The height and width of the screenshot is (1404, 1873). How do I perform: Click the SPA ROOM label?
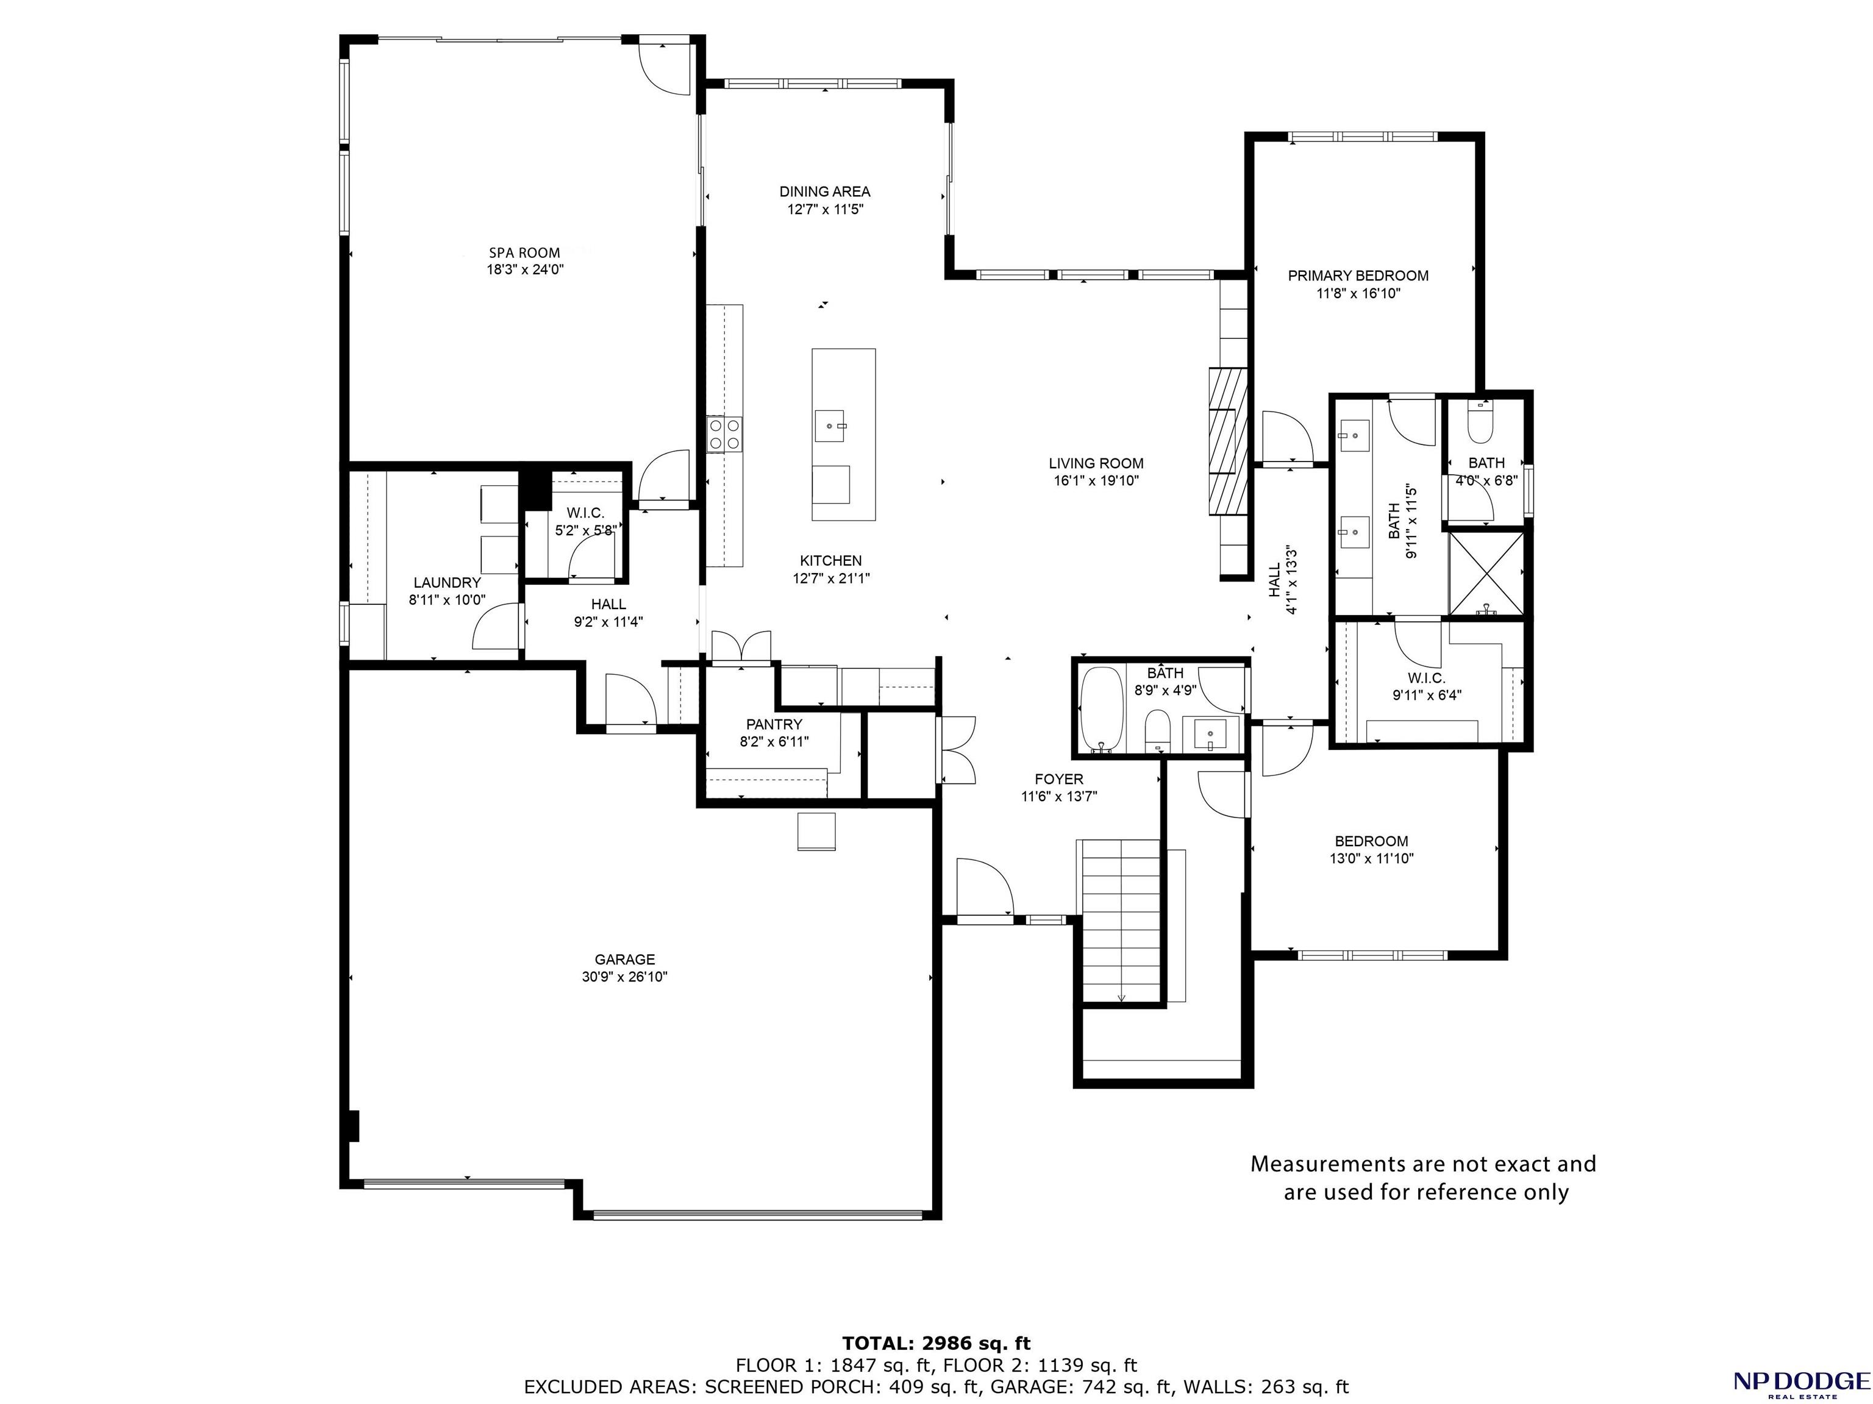(524, 252)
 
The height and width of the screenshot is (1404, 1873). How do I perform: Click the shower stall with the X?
(1486, 573)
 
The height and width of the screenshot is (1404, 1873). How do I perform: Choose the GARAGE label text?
(625, 960)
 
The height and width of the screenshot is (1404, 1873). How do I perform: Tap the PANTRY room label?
(774, 725)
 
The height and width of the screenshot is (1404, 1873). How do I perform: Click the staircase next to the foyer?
(1121, 921)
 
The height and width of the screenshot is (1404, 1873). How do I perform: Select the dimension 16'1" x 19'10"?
(1096, 481)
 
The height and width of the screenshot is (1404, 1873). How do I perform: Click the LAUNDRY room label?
(447, 583)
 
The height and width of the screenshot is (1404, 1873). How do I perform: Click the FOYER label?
(1058, 779)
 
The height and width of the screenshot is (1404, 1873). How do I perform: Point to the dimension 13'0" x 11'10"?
(1372, 858)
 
